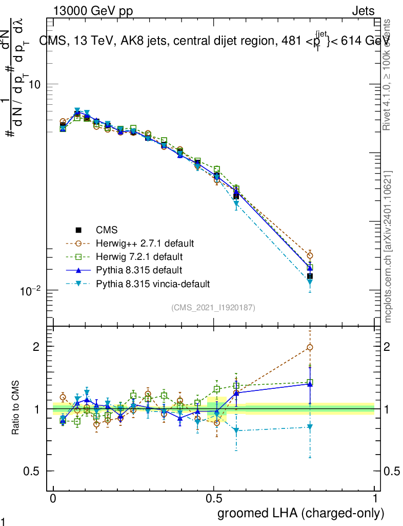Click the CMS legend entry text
pyautogui.click(x=106, y=231)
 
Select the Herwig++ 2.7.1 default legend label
pyautogui.click(x=145, y=243)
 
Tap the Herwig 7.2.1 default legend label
pyautogui.click(x=138, y=256)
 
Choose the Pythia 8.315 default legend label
pyautogui.click(x=138, y=270)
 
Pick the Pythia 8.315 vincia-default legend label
pyautogui.click(x=153, y=283)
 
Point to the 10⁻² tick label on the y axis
pyautogui.click(x=29, y=291)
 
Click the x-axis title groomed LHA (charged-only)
pyautogui.click(x=301, y=513)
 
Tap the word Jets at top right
pyautogui.click(x=363, y=11)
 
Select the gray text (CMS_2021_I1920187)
pyautogui.click(x=213, y=307)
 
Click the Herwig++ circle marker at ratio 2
pyautogui.click(x=310, y=347)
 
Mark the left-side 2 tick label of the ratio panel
pyautogui.click(x=36, y=347)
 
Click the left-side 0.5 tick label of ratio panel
pyautogui.click(x=32, y=471)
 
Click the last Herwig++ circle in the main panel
pyautogui.click(x=310, y=255)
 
